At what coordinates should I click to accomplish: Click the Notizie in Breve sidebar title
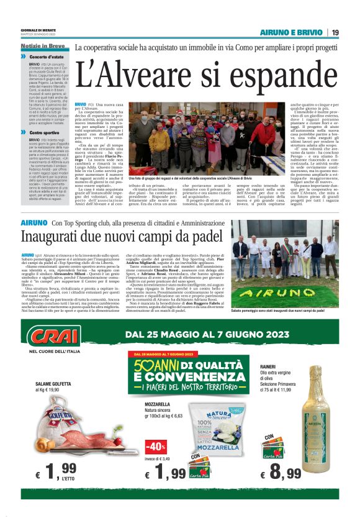click(42, 47)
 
